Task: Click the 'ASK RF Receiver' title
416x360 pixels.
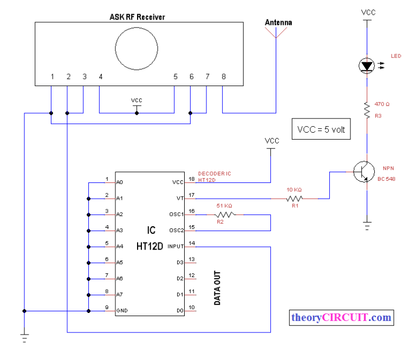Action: point(138,17)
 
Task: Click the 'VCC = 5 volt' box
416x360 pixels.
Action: point(321,130)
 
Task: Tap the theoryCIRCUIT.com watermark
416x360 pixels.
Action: point(341,318)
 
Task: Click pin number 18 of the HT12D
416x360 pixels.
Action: point(191,179)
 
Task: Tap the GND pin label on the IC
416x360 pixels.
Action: point(122,311)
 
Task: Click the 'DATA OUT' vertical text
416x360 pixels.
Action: point(217,289)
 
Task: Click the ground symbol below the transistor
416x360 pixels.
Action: point(367,224)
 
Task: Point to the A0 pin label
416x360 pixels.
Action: point(120,182)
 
